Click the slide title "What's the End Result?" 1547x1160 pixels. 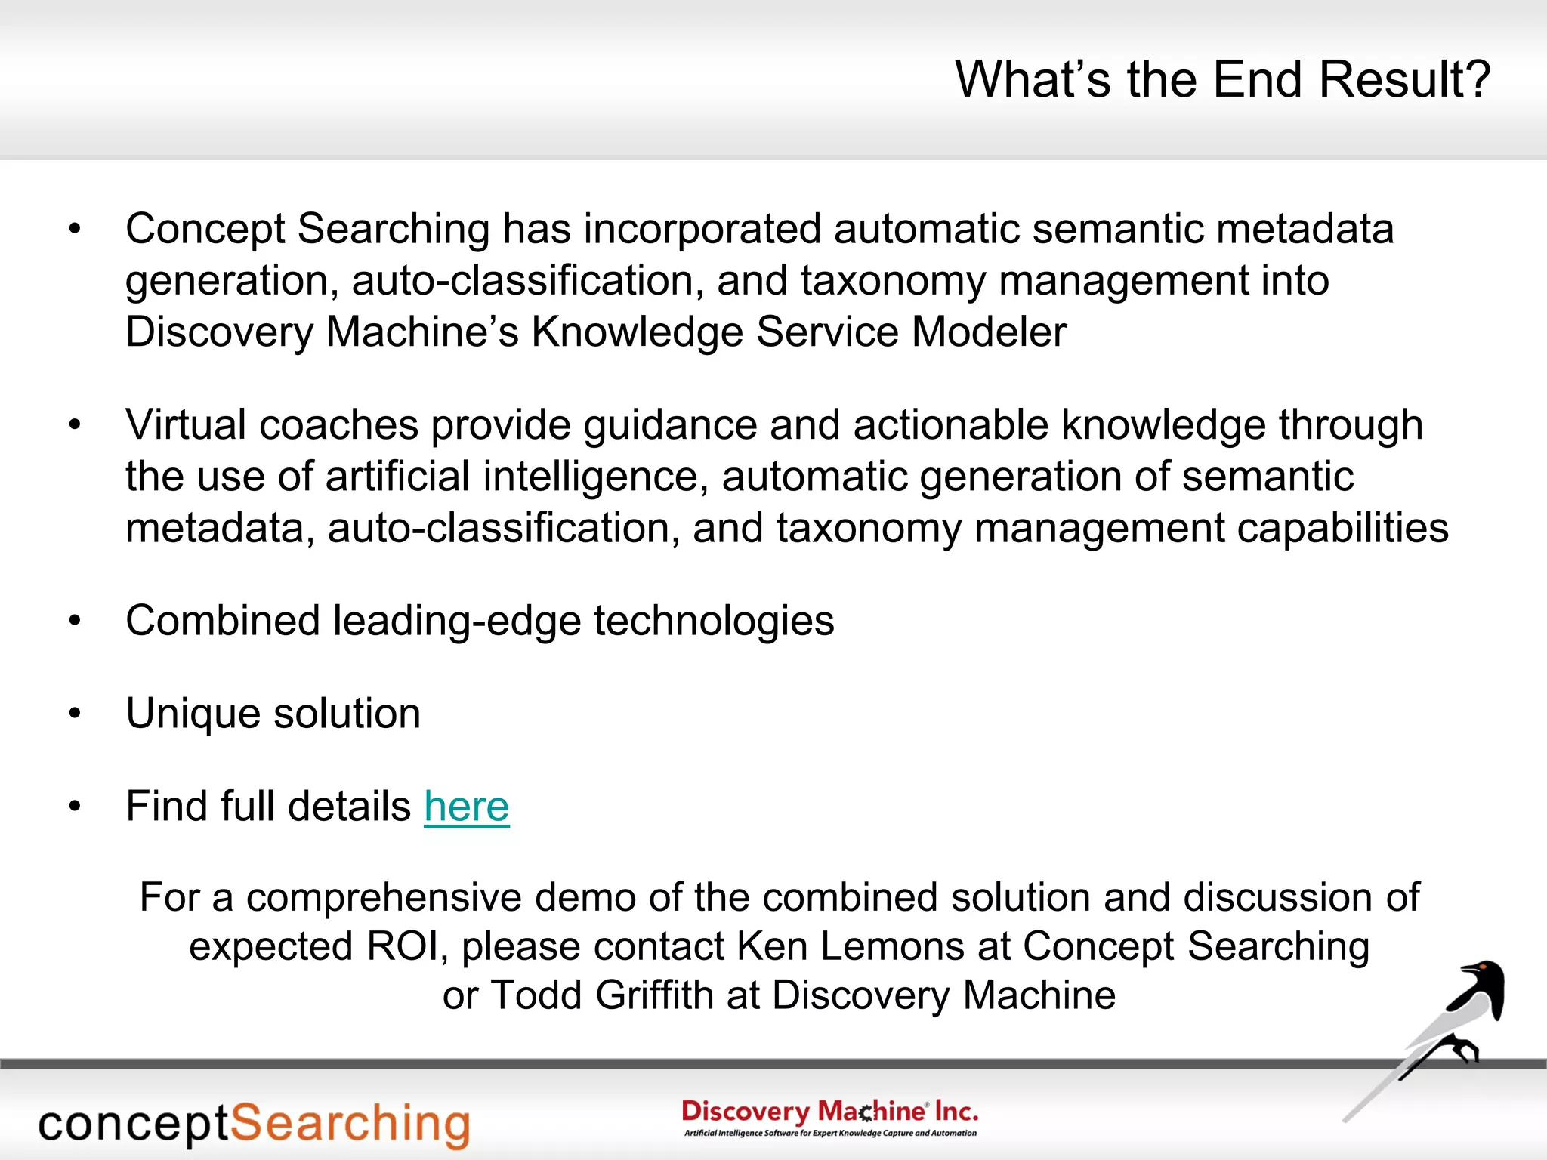click(1222, 79)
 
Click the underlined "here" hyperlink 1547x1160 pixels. click(466, 806)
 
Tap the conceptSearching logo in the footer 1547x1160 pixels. click(254, 1124)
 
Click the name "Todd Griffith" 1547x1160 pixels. click(602, 995)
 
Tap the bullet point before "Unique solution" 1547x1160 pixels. click(74, 714)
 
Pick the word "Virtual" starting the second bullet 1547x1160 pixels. click(186, 424)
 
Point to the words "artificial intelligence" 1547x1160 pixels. click(511, 477)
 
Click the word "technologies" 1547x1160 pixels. click(713, 621)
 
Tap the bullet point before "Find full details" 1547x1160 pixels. click(74, 807)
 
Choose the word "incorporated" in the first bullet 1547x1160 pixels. click(702, 229)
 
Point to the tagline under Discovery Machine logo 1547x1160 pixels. click(829, 1133)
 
